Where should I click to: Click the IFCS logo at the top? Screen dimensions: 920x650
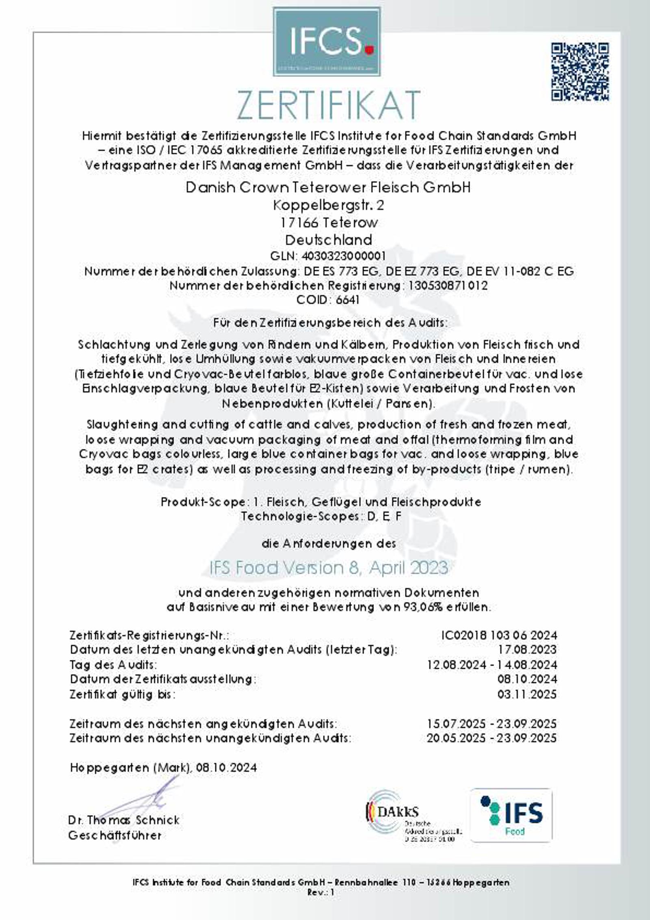point(327,41)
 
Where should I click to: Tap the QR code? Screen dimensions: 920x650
point(580,72)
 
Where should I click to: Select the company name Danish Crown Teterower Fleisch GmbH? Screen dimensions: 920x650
point(328,187)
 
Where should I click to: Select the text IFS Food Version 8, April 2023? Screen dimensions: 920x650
point(328,568)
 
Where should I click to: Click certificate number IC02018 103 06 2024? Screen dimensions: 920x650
point(499,635)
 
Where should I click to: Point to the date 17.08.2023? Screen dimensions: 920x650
point(527,649)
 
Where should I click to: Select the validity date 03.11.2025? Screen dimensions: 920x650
point(527,694)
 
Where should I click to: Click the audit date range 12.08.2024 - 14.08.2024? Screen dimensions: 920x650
point(492,665)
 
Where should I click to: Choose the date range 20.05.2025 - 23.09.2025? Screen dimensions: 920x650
point(492,738)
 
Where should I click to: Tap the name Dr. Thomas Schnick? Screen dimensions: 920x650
point(124,820)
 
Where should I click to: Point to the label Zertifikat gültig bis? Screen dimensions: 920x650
point(123,694)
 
